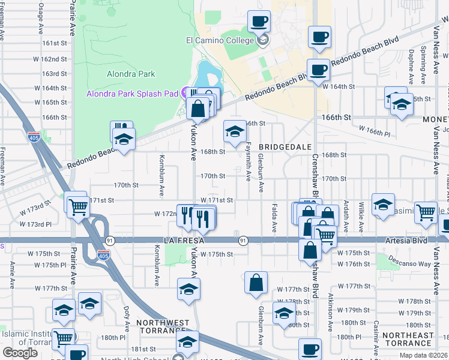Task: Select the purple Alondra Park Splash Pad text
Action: (x=133, y=94)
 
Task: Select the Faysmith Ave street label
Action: (x=249, y=158)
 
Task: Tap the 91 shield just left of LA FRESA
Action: (x=109, y=240)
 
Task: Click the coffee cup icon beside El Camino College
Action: (x=259, y=22)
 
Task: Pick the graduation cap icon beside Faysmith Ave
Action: (x=235, y=131)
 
